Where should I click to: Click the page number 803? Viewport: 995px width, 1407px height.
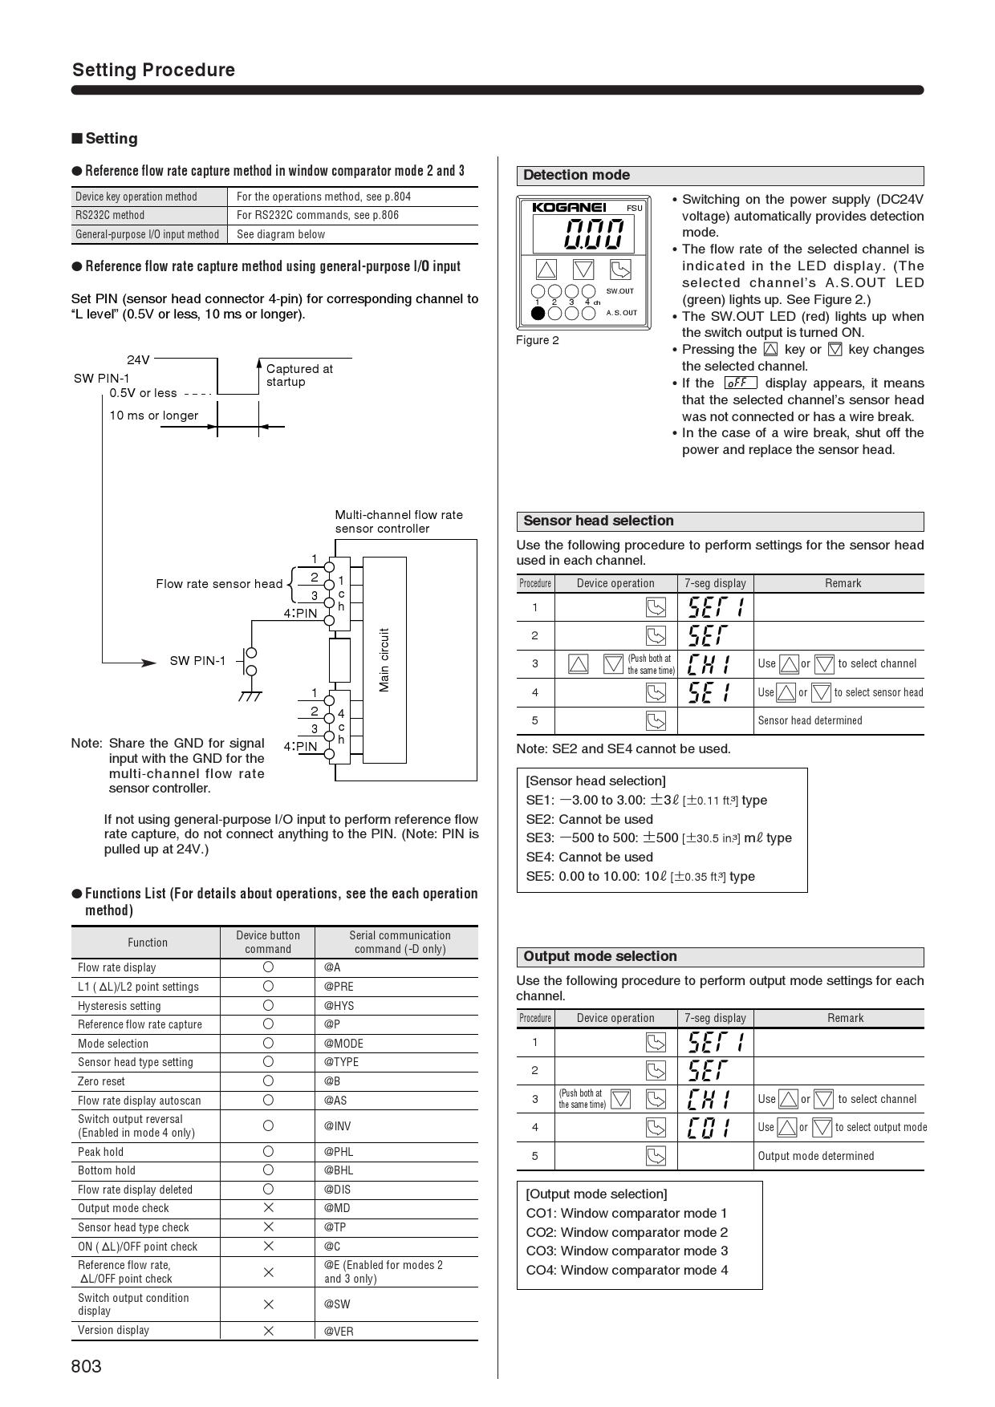[x=87, y=1366]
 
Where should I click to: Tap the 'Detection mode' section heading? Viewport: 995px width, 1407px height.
[x=576, y=176]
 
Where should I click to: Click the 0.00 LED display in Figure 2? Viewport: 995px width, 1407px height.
[x=594, y=235]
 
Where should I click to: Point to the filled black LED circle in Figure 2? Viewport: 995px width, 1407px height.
[x=538, y=313]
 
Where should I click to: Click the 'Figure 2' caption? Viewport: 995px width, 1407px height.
[x=538, y=340]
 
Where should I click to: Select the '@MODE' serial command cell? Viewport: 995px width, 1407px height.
[x=343, y=1044]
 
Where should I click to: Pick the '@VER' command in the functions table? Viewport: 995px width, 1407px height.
[x=339, y=1331]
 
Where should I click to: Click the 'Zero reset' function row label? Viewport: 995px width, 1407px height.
[x=101, y=1081]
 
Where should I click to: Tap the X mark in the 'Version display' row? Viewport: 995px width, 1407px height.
[x=268, y=1331]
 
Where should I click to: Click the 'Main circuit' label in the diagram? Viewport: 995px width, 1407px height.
[x=384, y=659]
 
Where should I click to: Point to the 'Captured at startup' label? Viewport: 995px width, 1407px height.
[x=298, y=375]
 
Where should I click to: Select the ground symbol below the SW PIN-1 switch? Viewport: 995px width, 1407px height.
[x=250, y=695]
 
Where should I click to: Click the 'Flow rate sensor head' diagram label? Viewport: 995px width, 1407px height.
[x=219, y=584]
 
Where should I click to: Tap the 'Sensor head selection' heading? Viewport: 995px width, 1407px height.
[x=598, y=521]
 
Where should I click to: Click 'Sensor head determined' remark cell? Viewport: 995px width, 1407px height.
[x=810, y=720]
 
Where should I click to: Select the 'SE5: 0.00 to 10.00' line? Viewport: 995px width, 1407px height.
[x=640, y=876]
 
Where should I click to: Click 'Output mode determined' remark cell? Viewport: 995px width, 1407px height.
[x=815, y=1156]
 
